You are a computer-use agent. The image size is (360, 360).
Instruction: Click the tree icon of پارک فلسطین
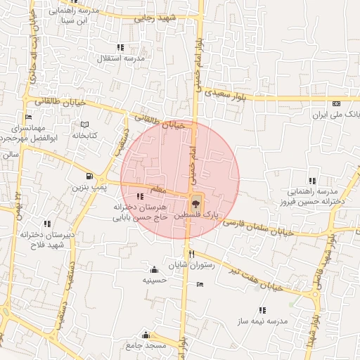tap(195, 200)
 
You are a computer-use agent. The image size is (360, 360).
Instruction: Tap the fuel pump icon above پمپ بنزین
tap(89, 176)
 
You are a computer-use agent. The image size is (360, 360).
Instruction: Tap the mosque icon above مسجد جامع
tap(146, 335)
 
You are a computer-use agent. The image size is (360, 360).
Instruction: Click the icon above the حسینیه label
tap(154, 269)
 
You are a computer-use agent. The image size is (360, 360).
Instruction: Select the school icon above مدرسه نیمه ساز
tap(262, 309)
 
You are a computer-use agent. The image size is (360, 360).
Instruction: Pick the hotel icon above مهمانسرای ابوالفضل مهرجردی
tap(28, 117)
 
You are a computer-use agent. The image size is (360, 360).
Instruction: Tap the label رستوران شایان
tap(191, 265)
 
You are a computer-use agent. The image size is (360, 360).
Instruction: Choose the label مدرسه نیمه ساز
tap(263, 321)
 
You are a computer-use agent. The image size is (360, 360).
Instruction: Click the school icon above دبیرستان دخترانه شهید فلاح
tap(47, 223)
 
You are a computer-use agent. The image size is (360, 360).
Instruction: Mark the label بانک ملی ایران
tap(335, 113)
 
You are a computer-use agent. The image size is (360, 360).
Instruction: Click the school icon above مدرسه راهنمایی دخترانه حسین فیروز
tap(313, 180)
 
